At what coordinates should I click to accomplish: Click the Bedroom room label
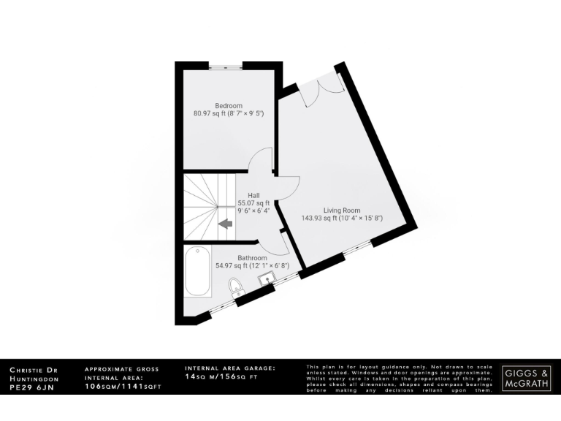(228, 106)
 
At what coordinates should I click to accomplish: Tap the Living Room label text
(342, 210)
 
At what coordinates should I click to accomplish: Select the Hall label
(253, 195)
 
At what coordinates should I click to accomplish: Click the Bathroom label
(252, 258)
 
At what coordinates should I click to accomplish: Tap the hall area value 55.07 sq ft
(253, 203)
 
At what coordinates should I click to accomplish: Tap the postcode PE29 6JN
(31, 388)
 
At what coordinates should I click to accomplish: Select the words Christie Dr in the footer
(33, 371)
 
